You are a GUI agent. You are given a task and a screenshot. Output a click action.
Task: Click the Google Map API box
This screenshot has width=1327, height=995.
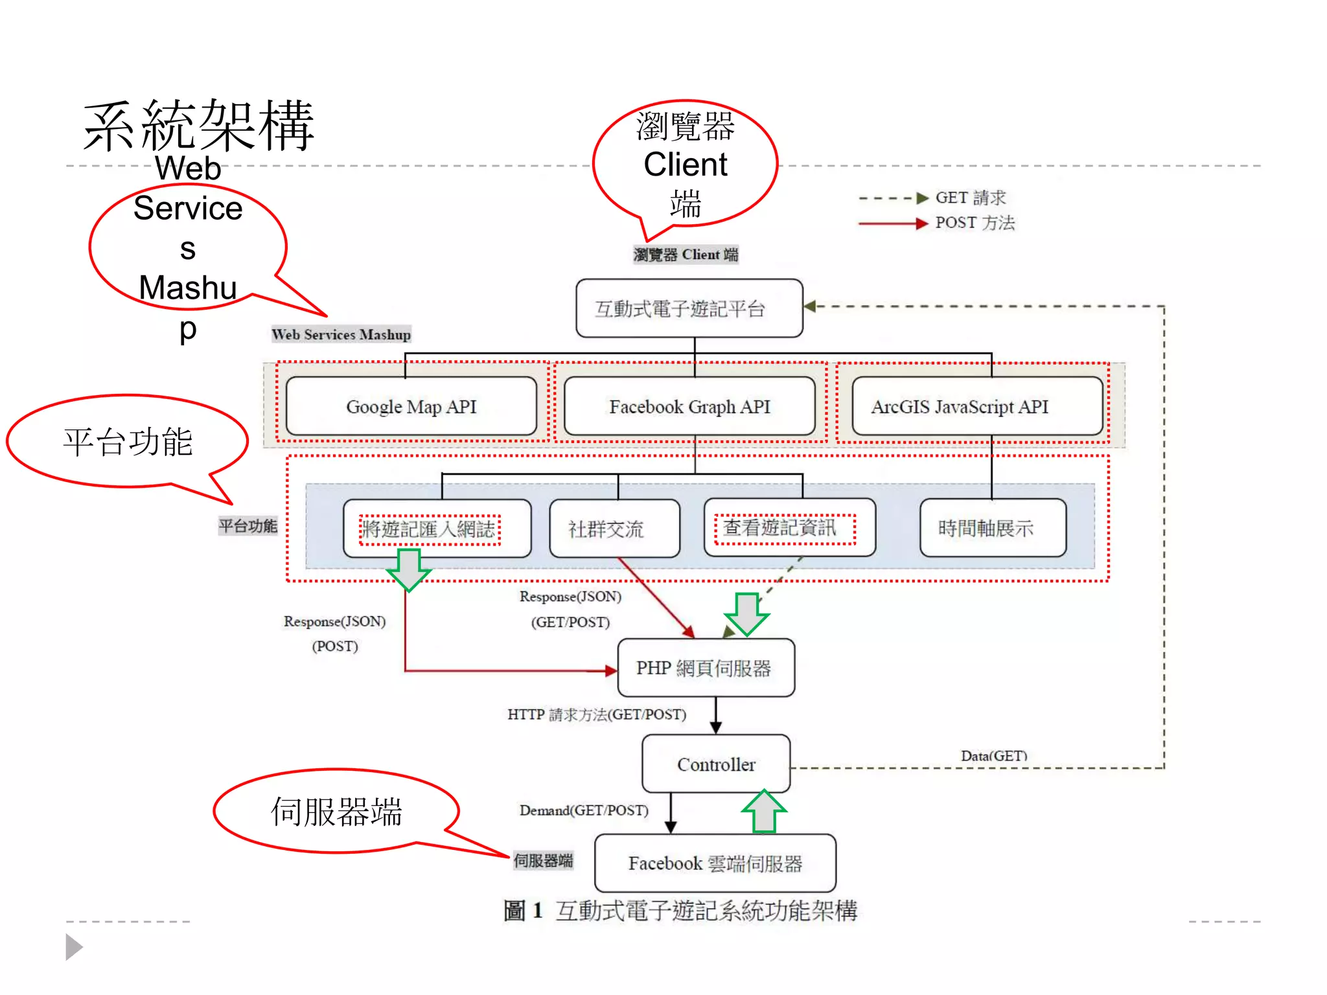[411, 406]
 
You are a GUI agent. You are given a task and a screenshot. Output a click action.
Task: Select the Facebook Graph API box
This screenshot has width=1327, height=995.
[689, 406]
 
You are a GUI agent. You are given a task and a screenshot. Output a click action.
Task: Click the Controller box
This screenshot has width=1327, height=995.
[716, 764]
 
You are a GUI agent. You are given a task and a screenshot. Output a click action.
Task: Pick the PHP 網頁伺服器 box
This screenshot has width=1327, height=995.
[706, 668]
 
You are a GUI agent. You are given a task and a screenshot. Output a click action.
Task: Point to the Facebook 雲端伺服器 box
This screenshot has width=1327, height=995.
[715, 863]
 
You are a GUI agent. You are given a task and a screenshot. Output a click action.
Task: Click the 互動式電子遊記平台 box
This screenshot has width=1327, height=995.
[689, 308]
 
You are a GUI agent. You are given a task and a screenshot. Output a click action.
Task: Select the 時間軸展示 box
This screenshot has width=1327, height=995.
[992, 528]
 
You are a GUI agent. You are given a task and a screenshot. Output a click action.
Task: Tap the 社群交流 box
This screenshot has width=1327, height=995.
[614, 529]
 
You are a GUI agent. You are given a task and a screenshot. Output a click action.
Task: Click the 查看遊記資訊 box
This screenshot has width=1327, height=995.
[789, 528]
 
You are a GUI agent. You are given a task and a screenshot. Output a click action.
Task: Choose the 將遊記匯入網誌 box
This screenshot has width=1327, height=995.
[437, 529]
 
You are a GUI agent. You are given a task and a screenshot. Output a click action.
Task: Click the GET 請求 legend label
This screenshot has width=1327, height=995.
[970, 198]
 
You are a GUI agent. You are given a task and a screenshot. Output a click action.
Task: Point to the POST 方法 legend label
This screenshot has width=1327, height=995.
[975, 223]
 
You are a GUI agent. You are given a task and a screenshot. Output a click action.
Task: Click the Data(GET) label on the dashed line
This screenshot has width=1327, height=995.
[993, 755]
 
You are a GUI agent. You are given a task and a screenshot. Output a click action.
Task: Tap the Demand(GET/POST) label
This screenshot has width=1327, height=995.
[583, 810]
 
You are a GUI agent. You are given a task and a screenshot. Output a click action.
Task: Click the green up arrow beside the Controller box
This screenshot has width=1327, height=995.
[764, 812]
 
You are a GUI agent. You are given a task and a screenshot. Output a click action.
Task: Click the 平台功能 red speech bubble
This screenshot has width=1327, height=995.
[128, 442]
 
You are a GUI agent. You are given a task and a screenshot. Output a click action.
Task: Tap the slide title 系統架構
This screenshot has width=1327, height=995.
[199, 126]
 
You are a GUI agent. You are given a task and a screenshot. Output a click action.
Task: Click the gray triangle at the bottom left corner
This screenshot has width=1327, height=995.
[73, 947]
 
